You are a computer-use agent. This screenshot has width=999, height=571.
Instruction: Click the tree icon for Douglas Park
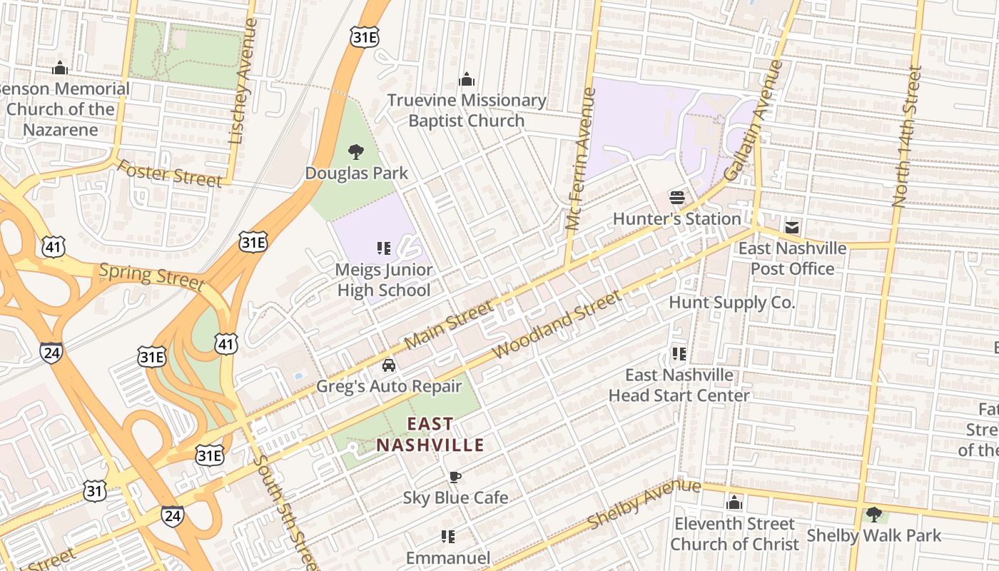tap(355, 151)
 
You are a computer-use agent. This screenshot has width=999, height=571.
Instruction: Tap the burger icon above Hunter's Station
tap(677, 198)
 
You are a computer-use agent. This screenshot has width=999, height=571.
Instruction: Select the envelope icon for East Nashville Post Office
tap(792, 228)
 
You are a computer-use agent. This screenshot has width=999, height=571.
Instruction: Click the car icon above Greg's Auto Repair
tap(389, 365)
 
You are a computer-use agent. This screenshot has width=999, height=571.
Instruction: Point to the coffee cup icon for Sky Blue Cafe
tap(455, 477)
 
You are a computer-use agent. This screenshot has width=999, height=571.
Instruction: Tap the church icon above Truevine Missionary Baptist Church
tap(467, 79)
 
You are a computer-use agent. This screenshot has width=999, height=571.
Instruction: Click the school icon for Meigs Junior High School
tap(384, 248)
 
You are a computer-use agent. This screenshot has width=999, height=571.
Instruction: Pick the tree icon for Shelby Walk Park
tap(873, 514)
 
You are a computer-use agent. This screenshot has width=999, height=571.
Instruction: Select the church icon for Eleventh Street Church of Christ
tap(734, 503)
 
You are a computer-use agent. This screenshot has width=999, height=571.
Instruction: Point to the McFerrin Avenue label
tap(579, 158)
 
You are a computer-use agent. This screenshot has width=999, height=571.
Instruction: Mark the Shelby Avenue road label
tap(644, 505)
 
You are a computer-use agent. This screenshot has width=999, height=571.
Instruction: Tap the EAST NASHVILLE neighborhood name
tap(430, 435)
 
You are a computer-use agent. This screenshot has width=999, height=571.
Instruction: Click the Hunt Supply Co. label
tap(731, 303)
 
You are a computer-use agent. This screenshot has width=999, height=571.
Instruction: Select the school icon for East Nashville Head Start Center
tap(679, 353)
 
